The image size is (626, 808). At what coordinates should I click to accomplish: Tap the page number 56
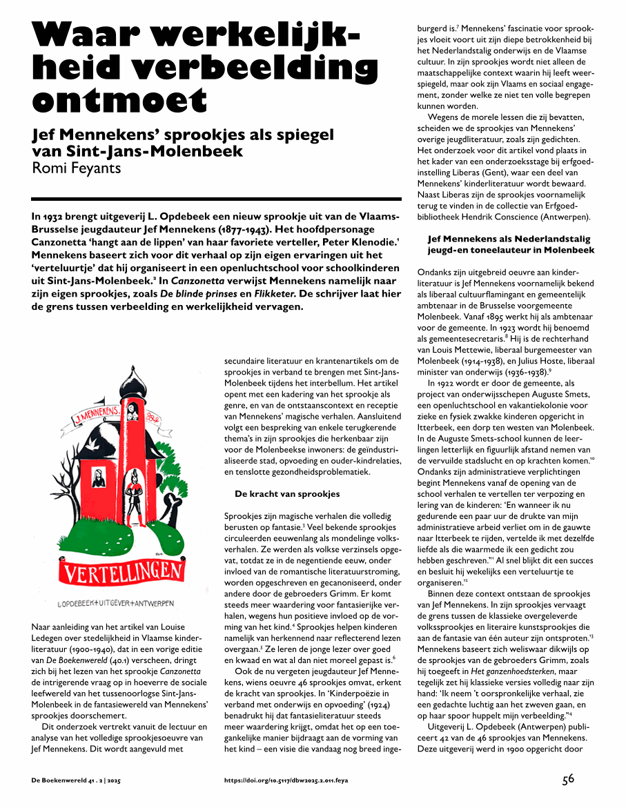[x=567, y=780]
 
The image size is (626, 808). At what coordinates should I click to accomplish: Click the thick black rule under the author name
[x=216, y=199]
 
